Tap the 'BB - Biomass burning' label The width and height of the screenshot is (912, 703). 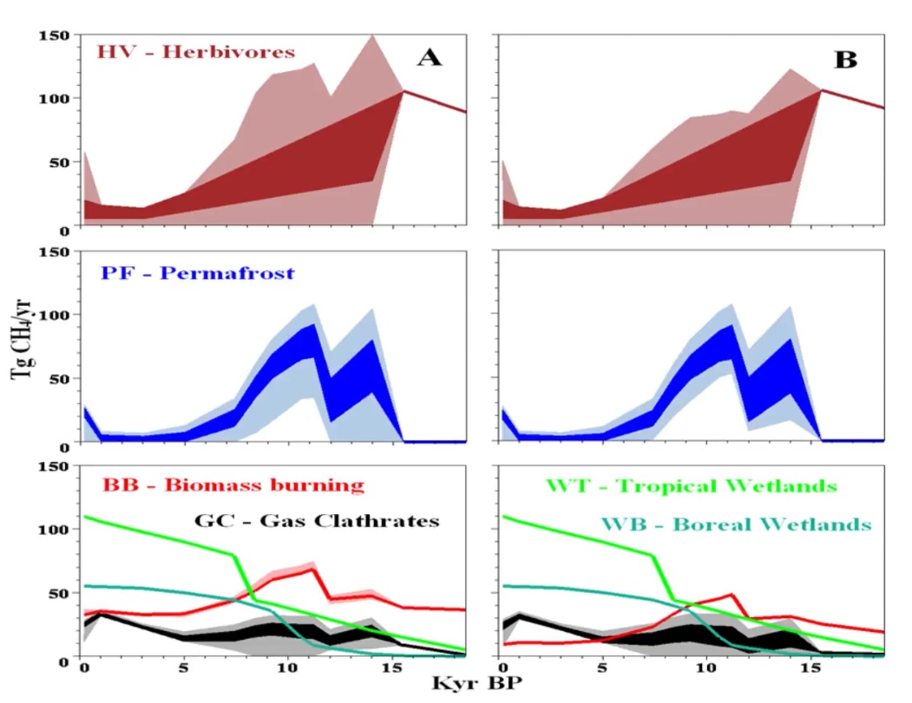[233, 485]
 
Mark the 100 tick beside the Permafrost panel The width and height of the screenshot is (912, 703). [53, 315]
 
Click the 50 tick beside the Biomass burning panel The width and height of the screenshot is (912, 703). [58, 594]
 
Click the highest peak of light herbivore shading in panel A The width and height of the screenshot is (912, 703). [372, 36]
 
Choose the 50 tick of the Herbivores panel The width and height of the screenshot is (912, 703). [58, 164]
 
